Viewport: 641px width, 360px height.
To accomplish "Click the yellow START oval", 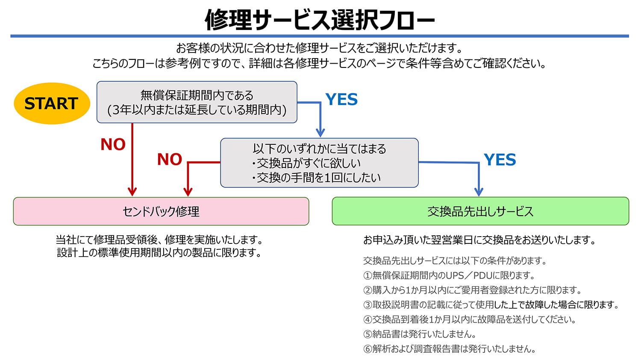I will (52, 103).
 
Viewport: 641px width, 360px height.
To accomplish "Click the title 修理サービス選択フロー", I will (320, 20).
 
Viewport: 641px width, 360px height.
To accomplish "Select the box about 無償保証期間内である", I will (197, 102).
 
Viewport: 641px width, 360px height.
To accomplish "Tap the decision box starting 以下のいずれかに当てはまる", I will (319, 163).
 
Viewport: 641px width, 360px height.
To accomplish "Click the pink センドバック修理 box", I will (161, 211).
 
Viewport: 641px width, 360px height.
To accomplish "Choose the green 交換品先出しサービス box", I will (480, 211).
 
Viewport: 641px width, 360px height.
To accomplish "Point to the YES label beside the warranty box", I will (341, 100).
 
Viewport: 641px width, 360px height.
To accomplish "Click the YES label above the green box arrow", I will (500, 160).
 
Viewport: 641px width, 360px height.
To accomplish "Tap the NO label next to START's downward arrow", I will (113, 144).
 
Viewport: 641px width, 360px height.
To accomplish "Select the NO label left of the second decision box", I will (170, 159).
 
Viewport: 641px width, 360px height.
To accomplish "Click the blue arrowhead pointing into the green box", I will (479, 192).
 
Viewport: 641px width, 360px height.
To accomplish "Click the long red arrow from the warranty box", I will (132, 158).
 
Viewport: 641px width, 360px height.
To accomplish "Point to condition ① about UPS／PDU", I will (449, 275).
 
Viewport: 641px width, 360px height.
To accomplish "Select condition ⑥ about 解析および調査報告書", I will (450, 349).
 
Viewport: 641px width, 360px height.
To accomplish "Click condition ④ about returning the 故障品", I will (470, 319).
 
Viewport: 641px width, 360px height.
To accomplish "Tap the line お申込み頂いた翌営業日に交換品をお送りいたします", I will (479, 240).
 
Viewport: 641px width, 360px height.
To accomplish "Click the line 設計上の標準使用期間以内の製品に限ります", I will (159, 253).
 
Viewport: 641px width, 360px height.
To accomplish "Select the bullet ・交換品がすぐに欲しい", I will (306, 163).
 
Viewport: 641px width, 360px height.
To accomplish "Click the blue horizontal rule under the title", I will (320, 36).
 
